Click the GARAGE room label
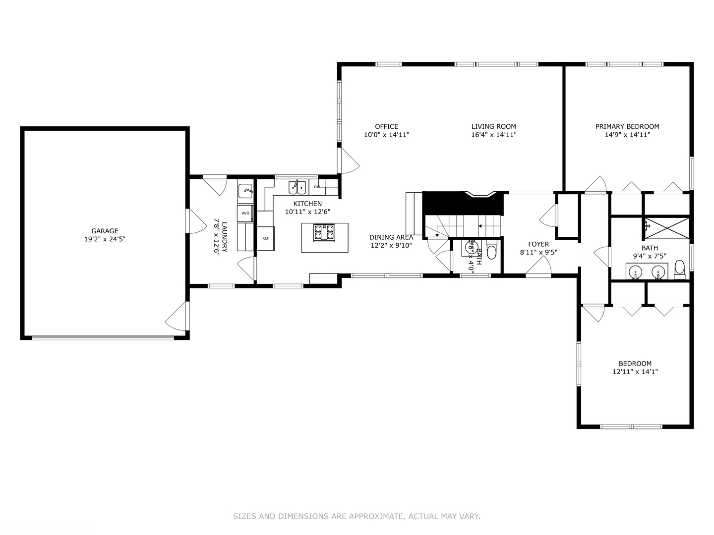[x=105, y=231]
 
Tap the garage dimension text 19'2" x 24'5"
[x=105, y=239]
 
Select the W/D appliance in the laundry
[x=245, y=213]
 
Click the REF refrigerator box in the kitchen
[x=265, y=238]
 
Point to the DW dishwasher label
[x=317, y=187]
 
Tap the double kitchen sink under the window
[x=297, y=188]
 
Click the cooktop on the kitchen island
[x=324, y=232]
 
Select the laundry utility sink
[x=246, y=190]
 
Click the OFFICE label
[x=386, y=126]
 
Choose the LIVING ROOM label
[x=493, y=126]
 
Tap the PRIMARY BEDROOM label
[x=627, y=126]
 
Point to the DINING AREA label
[x=391, y=237]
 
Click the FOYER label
[x=538, y=244]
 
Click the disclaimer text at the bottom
[x=357, y=516]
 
